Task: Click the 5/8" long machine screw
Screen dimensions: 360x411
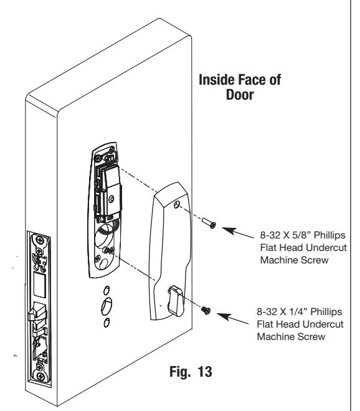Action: (x=209, y=223)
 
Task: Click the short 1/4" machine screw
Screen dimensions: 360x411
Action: (x=206, y=310)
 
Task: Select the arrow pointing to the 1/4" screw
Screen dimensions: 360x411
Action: (x=232, y=318)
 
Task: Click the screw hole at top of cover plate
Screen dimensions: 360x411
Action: (x=177, y=204)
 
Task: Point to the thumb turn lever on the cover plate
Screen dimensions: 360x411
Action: (x=175, y=300)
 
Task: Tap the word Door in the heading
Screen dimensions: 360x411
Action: (x=240, y=95)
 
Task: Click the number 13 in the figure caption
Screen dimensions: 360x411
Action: (x=204, y=371)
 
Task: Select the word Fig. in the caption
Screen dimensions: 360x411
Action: (x=180, y=371)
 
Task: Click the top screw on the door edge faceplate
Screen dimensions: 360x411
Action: (x=40, y=239)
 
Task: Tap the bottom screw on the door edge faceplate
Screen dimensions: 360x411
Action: (x=40, y=376)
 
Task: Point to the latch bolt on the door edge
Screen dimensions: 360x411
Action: (x=36, y=311)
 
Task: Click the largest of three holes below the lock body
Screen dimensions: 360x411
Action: (x=107, y=306)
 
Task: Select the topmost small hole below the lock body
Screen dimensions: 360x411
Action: (x=107, y=290)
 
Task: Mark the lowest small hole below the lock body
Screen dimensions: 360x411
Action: (x=107, y=323)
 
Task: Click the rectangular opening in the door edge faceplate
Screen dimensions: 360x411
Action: (x=40, y=285)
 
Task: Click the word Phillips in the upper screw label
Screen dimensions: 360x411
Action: (x=329, y=235)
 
